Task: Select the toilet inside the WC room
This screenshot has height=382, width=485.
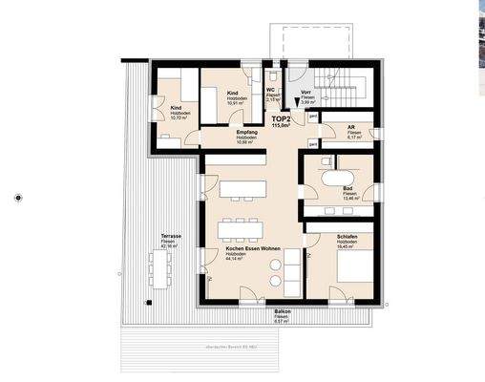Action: [274, 74]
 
